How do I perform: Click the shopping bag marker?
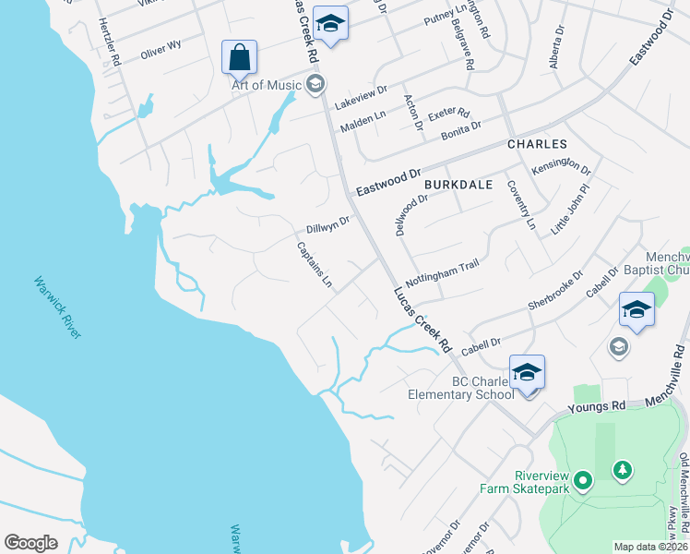point(239,58)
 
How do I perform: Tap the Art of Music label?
point(266,86)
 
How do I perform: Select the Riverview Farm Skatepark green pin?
point(582,481)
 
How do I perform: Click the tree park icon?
point(624,471)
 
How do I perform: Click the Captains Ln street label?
point(314,264)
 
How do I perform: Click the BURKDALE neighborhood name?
point(454,184)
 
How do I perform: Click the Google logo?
point(30,542)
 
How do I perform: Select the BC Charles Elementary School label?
point(461,388)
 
